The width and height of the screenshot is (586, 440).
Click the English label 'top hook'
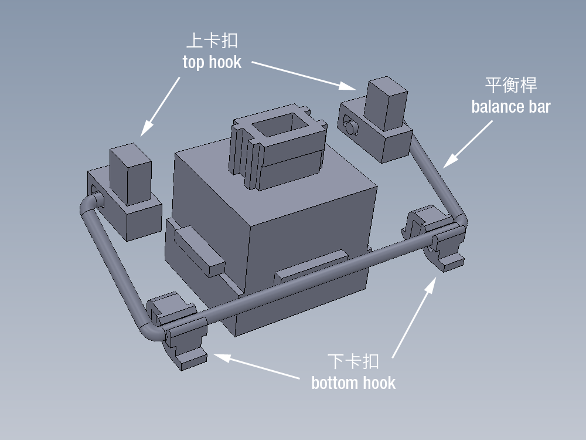(212, 62)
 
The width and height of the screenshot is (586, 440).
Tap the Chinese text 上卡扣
(212, 41)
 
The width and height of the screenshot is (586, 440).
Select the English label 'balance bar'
(510, 107)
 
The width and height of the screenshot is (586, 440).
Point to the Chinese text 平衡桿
(510, 85)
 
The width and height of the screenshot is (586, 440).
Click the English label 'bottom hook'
(353, 383)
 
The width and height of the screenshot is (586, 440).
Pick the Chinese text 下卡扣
(353, 361)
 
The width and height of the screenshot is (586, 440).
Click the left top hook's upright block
(130, 173)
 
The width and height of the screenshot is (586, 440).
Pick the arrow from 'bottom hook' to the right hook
(414, 317)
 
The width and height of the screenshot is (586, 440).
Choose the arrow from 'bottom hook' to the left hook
(258, 366)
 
